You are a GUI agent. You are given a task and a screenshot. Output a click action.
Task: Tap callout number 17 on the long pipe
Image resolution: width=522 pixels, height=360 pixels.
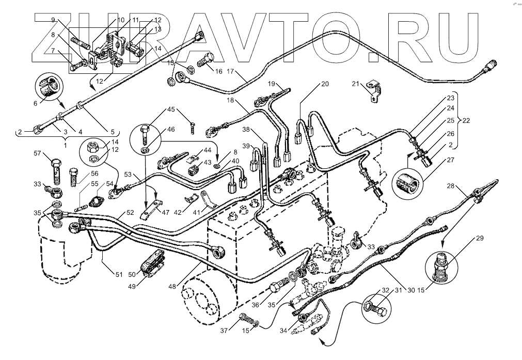point(230,72)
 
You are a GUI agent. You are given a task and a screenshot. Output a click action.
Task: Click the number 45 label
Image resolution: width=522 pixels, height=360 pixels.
point(171,109)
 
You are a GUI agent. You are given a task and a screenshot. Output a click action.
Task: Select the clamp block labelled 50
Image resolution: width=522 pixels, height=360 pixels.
point(153,262)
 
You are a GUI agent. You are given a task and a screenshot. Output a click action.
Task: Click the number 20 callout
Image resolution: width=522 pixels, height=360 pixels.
point(324,83)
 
